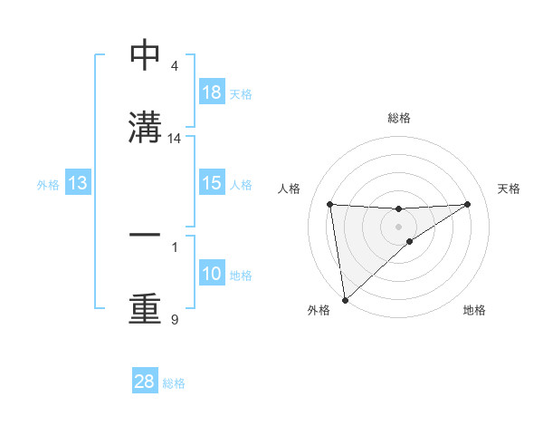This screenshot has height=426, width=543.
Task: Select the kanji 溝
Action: pyautogui.click(x=145, y=127)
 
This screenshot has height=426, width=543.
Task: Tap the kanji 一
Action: pyautogui.click(x=145, y=235)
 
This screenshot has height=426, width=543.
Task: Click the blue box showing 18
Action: pyautogui.click(x=211, y=92)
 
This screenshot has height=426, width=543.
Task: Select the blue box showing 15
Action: pyautogui.click(x=211, y=183)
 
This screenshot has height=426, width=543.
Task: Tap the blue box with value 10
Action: pyautogui.click(x=211, y=274)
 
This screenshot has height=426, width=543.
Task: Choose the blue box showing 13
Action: pyautogui.click(x=78, y=183)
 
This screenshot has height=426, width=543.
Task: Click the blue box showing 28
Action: pyautogui.click(x=145, y=382)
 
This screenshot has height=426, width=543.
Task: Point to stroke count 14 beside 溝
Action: pyautogui.click(x=175, y=139)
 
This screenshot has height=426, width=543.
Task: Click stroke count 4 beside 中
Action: pyautogui.click(x=174, y=66)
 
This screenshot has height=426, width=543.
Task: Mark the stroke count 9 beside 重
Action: pyautogui.click(x=174, y=319)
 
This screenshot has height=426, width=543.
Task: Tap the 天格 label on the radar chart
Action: pyautogui.click(x=510, y=189)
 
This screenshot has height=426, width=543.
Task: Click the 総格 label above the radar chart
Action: pyautogui.click(x=399, y=118)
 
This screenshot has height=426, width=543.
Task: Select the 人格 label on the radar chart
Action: pyautogui.click(x=291, y=189)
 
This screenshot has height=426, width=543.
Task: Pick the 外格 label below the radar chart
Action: pyautogui.click(x=318, y=311)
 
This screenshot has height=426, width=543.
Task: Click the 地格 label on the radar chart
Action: pyautogui.click(x=474, y=311)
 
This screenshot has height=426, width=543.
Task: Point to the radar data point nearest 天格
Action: pyautogui.click(x=468, y=204)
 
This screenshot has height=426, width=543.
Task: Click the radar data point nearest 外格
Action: pyautogui.click(x=345, y=299)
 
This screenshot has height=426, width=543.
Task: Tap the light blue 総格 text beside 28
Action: pyautogui.click(x=174, y=383)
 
